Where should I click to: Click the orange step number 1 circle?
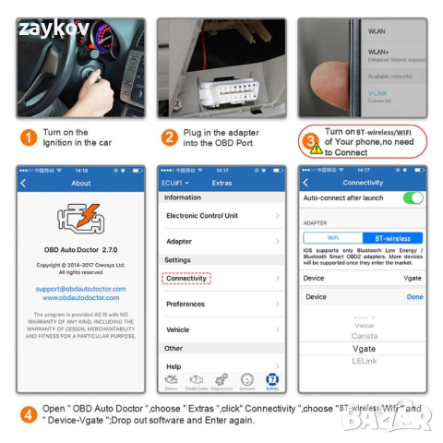29,138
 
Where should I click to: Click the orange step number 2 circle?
170,138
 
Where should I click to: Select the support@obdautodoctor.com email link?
81,288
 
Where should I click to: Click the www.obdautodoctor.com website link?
81,297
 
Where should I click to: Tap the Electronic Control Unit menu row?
221,215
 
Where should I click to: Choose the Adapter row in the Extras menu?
221,241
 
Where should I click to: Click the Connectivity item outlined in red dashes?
186,278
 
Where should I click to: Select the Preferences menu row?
221,304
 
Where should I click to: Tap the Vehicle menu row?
221,329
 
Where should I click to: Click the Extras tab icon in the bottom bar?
271,379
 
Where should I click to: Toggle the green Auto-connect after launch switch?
413,198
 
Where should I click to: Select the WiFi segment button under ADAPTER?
333,238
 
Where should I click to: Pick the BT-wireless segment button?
392,238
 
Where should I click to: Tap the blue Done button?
414,297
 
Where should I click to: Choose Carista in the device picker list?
364,336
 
